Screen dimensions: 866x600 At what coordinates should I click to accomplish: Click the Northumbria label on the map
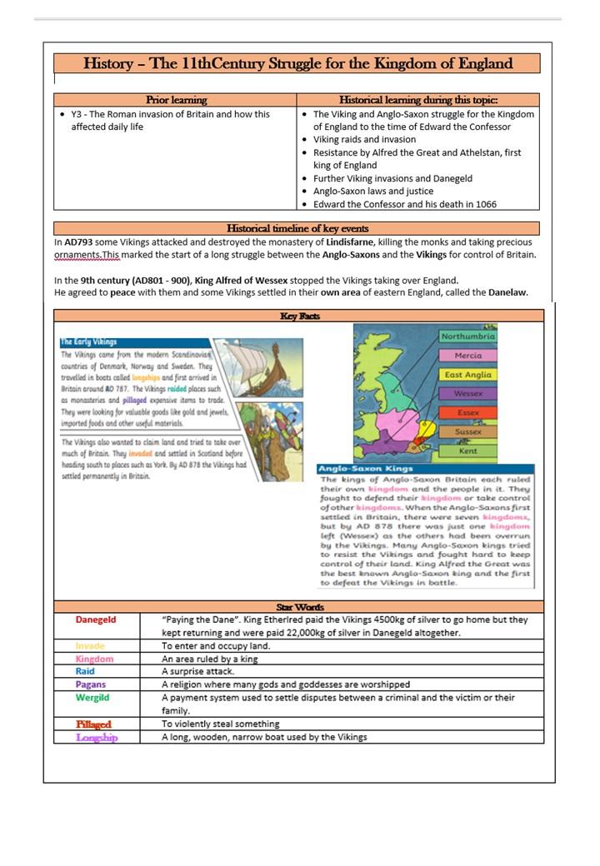pyautogui.click(x=467, y=336)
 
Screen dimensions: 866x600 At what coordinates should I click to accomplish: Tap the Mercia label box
pyautogui.click(x=467, y=356)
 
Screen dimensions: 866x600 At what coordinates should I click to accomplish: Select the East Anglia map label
pyautogui.click(x=467, y=375)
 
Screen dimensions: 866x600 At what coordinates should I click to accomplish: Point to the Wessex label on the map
pyautogui.click(x=467, y=393)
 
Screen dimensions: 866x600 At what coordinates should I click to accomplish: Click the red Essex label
pyautogui.click(x=467, y=412)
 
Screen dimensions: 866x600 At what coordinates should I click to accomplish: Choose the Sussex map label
pyautogui.click(x=467, y=431)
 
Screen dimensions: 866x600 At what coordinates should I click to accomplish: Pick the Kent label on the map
pyautogui.click(x=467, y=450)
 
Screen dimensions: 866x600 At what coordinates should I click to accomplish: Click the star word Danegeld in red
pyautogui.click(x=96, y=620)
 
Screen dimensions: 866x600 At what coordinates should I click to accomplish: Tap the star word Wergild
pyautogui.click(x=92, y=698)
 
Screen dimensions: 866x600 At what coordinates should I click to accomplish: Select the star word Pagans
pyautogui.click(x=90, y=684)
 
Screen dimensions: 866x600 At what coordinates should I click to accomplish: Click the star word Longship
pyautogui.click(x=97, y=738)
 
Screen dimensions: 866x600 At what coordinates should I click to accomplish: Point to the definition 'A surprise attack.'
pyautogui.click(x=197, y=671)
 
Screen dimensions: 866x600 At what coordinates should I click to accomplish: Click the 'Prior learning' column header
pyautogui.click(x=176, y=100)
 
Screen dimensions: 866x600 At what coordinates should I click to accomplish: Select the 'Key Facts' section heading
pyautogui.click(x=299, y=316)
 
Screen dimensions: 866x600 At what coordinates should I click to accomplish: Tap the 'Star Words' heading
pyautogui.click(x=299, y=607)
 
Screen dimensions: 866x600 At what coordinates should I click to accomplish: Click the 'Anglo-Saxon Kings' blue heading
pyautogui.click(x=353, y=470)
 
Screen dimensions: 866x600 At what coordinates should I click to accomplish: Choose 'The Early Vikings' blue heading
pyautogui.click(x=88, y=342)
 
